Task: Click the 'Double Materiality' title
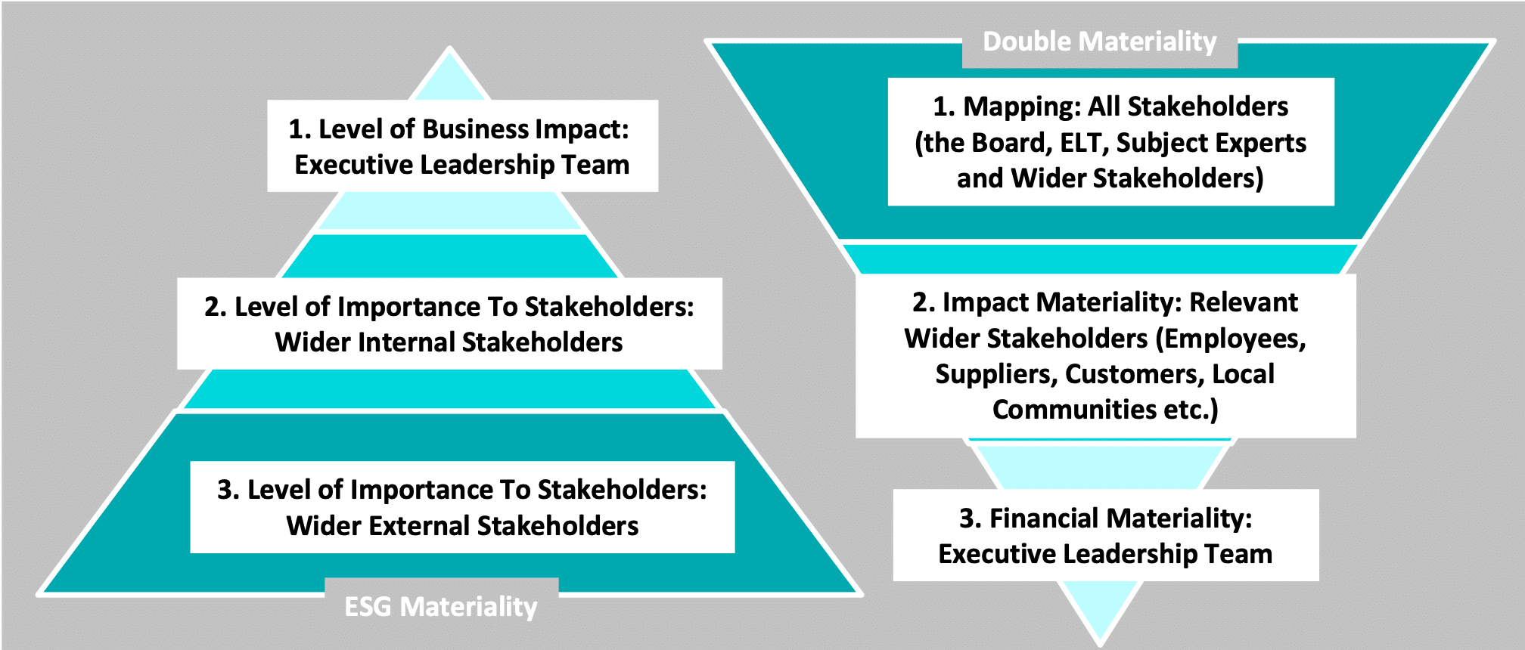pyautogui.click(x=1100, y=42)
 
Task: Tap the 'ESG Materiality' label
pyautogui.click(x=441, y=607)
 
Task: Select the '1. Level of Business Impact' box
pyautogui.click(x=462, y=146)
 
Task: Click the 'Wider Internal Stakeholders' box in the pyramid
pyautogui.click(x=449, y=323)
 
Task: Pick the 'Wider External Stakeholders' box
pyautogui.click(x=462, y=507)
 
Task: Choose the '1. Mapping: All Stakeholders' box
pyautogui.click(x=1110, y=141)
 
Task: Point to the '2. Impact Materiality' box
pyautogui.click(x=1105, y=355)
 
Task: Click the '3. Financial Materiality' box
pyautogui.click(x=1105, y=535)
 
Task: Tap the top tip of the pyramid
pyautogui.click(x=450, y=48)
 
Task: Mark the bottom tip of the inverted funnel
pyautogui.click(x=1101, y=643)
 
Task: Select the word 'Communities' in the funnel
pyautogui.click(x=1074, y=410)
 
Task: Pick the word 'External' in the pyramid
pyautogui.click(x=419, y=526)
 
